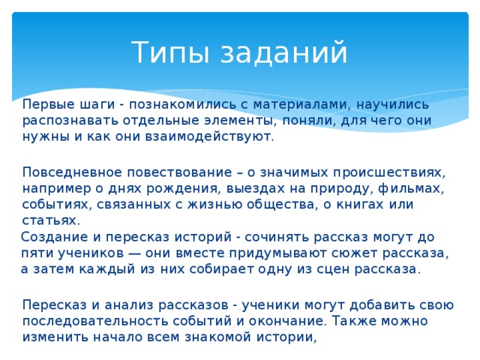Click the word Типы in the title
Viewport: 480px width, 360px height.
[161, 52]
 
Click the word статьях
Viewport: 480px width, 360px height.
[50, 220]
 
